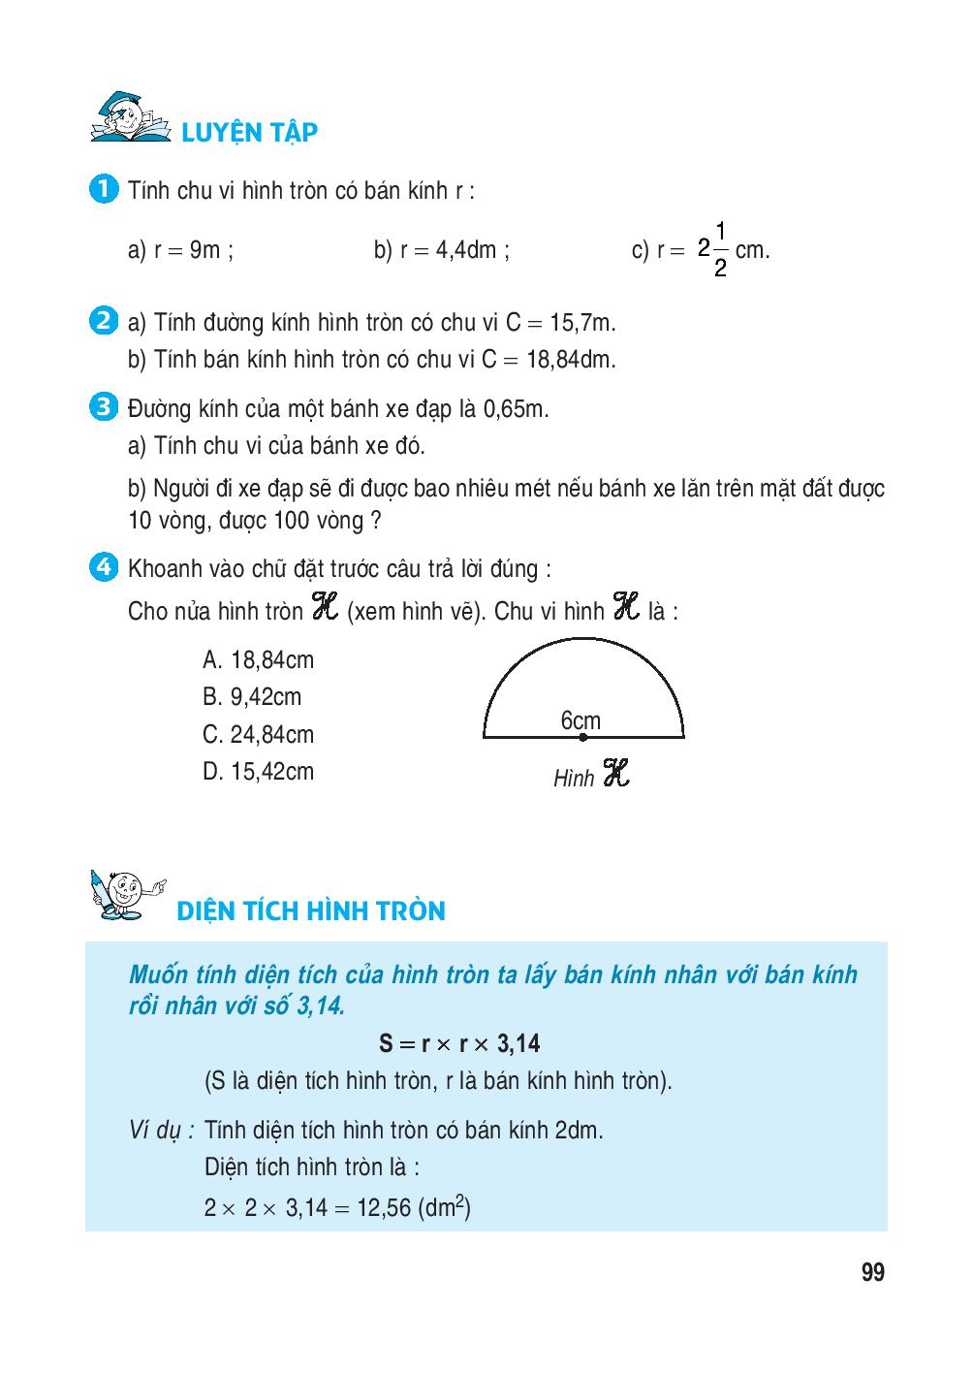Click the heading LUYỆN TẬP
(250, 133)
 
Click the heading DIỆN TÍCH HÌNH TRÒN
(311, 911)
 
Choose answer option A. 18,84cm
(258, 660)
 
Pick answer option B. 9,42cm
(252, 697)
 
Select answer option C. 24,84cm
(258, 735)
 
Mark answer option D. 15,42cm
(258, 772)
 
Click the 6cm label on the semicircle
(581, 720)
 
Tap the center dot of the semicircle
(582, 738)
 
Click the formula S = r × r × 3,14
(459, 1044)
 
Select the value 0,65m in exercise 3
(516, 409)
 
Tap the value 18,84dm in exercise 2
(571, 360)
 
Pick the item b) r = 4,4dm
(442, 250)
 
